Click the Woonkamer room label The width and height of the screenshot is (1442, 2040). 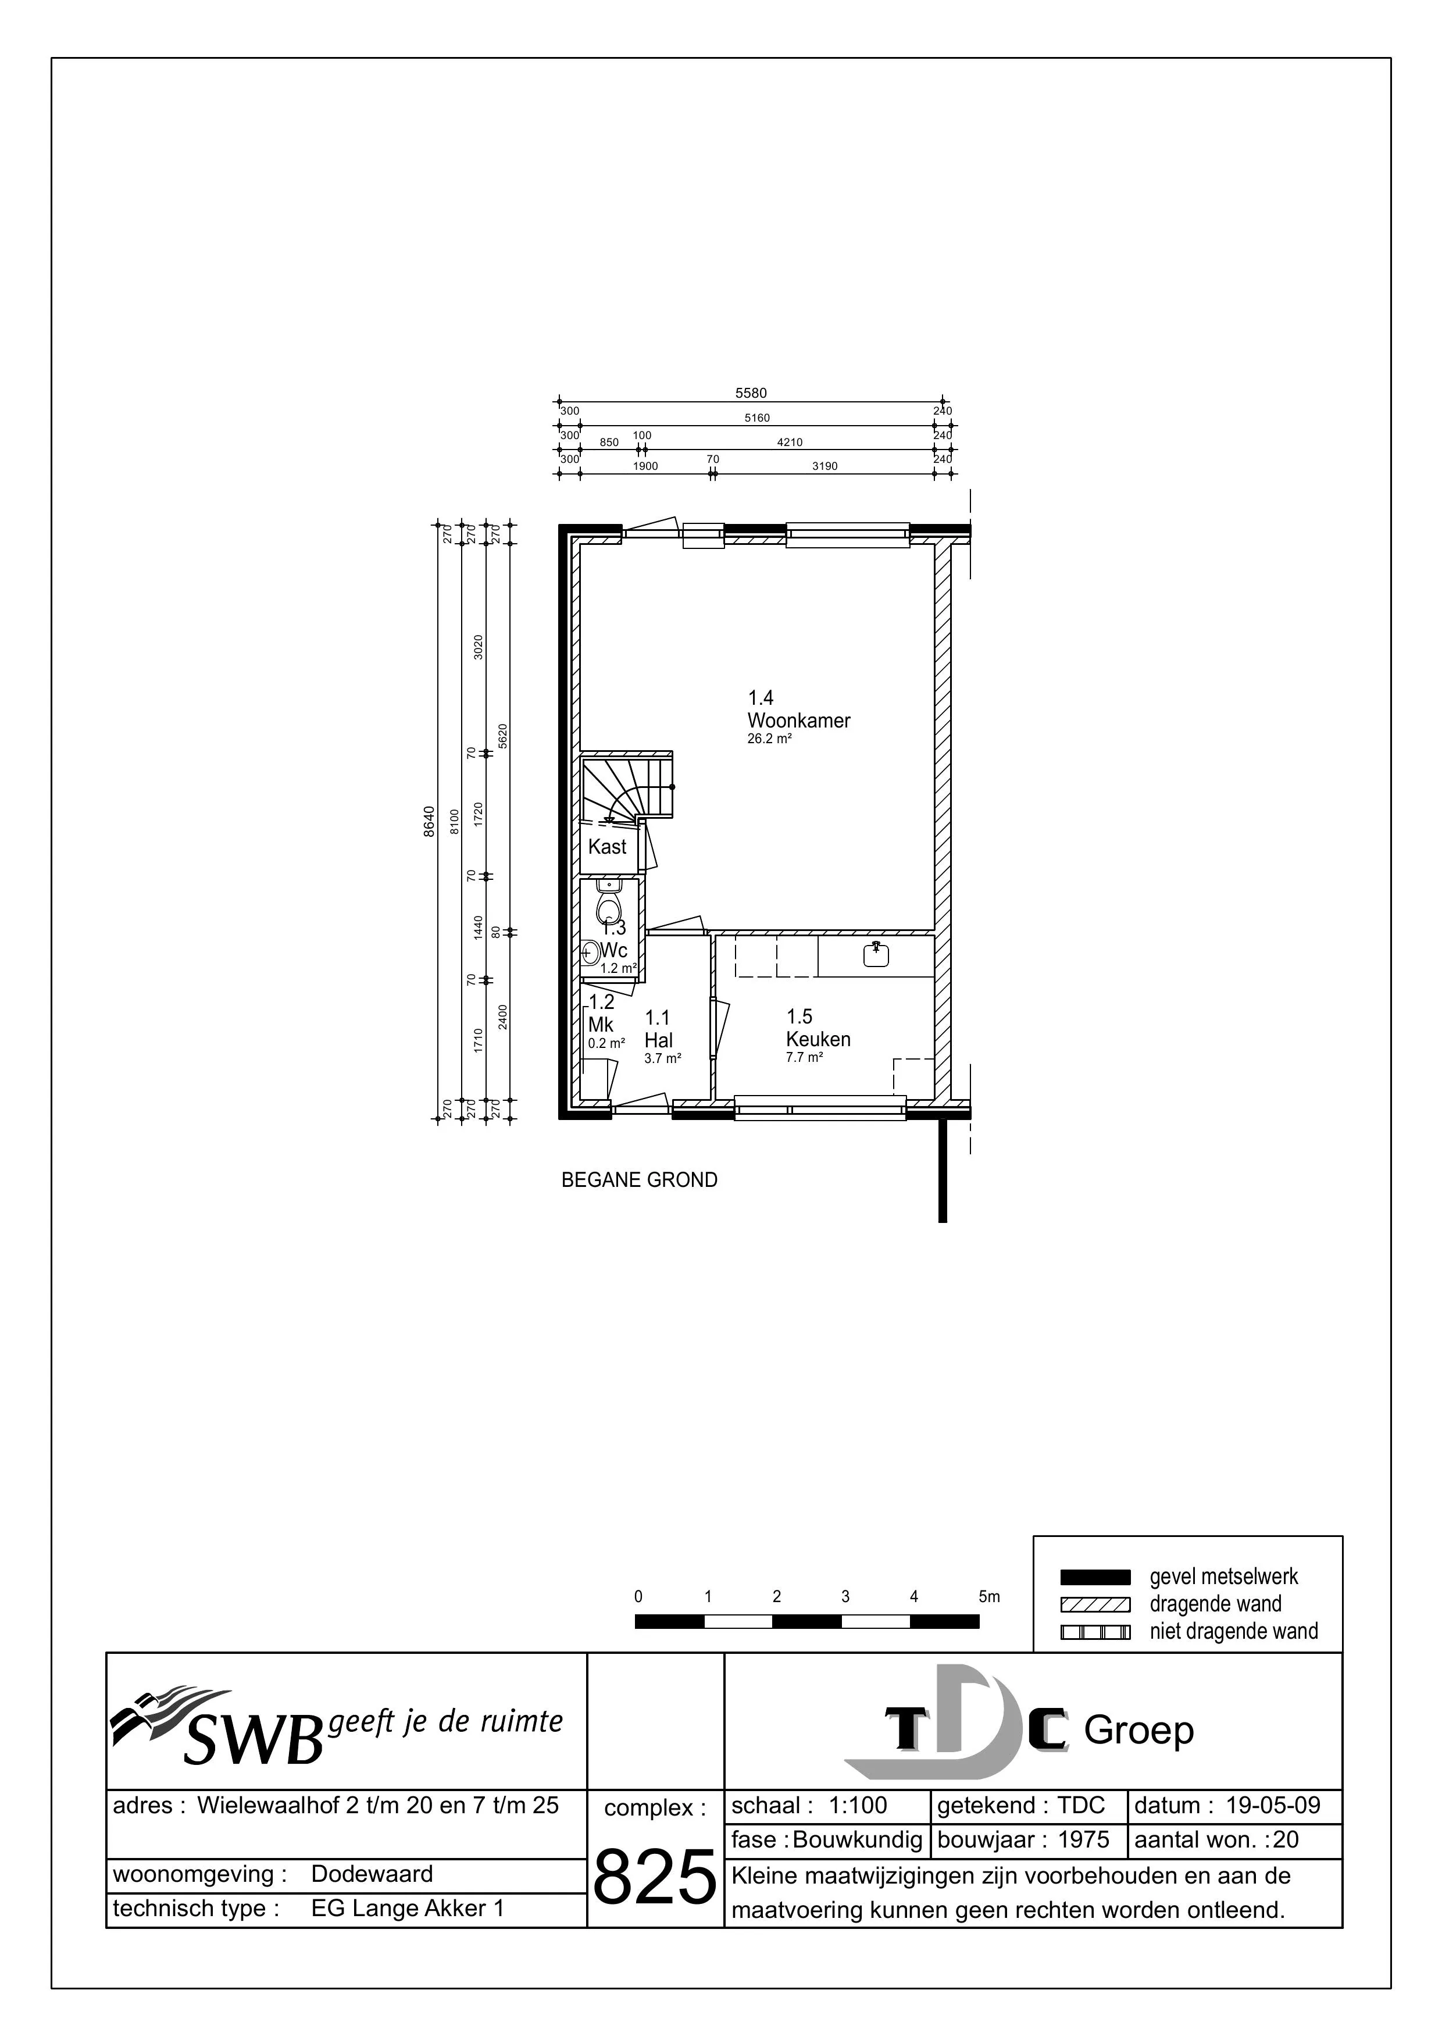pos(799,721)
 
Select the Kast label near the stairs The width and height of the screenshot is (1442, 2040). pos(608,847)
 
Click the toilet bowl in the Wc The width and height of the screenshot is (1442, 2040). pos(609,907)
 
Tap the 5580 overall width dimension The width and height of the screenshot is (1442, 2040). pos(751,393)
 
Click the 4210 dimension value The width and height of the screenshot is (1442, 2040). pos(790,441)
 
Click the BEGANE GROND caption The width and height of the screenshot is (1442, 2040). pos(640,1180)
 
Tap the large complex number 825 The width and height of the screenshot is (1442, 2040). pos(654,1875)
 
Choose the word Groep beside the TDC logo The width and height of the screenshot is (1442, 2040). pos(1139,1731)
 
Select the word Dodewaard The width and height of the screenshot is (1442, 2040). pos(372,1874)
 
